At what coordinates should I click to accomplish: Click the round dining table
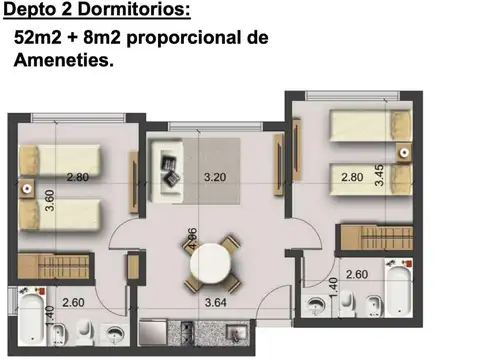coord(212,261)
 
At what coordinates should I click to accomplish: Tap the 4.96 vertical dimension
coord(191,243)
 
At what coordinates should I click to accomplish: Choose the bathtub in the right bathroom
coord(397,290)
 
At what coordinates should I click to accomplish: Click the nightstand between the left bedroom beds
coord(30,187)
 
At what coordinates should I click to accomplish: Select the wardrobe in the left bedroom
coord(56,266)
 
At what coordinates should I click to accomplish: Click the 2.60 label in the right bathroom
coord(356,274)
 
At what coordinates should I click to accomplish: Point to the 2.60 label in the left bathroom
coord(72,303)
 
